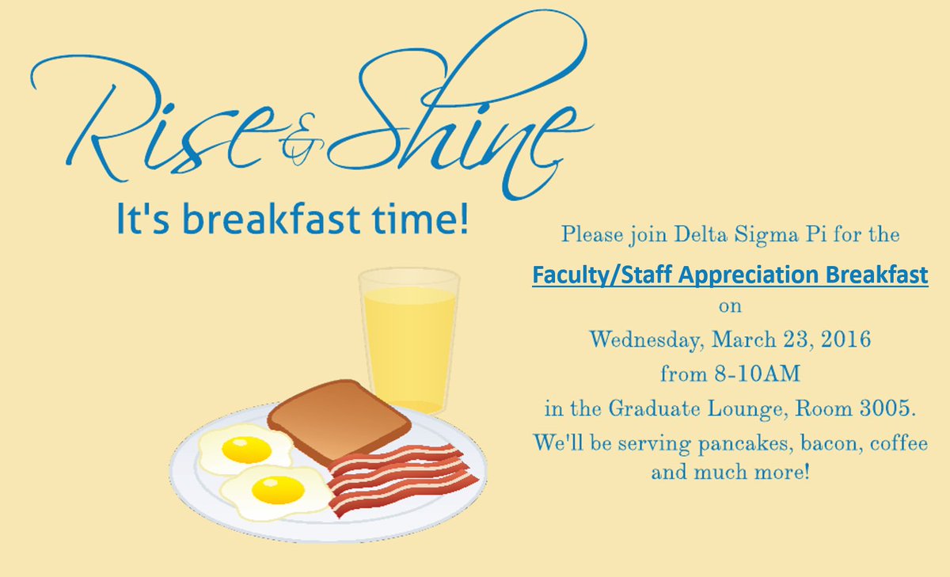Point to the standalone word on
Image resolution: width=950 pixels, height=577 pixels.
click(729, 306)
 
